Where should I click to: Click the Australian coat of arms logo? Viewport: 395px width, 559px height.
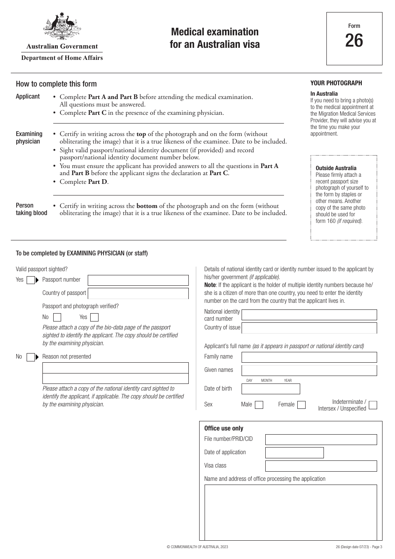[62, 27]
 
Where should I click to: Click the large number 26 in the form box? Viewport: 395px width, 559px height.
[354, 41]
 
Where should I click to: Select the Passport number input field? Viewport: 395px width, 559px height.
[138, 280]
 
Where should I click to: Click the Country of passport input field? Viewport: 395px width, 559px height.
[138, 293]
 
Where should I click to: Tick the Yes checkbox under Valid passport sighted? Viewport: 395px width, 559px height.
[30, 280]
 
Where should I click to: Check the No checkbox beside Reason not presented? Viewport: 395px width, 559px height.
[30, 357]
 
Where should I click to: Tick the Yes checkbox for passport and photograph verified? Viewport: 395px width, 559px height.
[94, 317]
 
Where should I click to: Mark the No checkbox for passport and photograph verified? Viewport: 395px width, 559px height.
[57, 317]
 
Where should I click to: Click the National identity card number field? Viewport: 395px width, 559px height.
[309, 315]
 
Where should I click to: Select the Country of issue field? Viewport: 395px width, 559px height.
[309, 328]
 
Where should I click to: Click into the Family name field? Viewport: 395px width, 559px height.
[309, 357]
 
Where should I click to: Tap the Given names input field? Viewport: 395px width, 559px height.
[309, 370]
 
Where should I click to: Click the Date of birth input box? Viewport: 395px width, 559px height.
[270, 389]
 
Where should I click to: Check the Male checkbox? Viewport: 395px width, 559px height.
[259, 405]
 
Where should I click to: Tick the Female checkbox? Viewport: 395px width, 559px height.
[301, 405]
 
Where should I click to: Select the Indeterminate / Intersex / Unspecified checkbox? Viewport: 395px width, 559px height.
[373, 405]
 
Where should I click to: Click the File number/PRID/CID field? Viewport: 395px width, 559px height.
[321, 439]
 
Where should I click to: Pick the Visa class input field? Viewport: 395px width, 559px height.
[321, 466]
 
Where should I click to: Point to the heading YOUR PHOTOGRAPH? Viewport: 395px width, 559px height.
[336, 83]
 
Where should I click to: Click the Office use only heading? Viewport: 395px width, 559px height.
[224, 428]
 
